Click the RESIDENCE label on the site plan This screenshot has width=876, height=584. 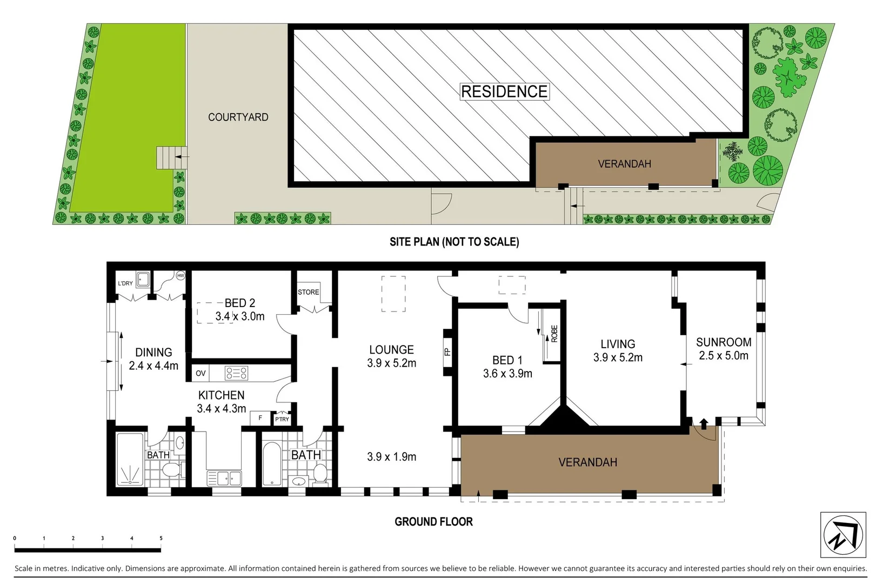tap(504, 91)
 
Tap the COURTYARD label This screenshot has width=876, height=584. tap(238, 117)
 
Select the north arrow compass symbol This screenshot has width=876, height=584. tap(842, 534)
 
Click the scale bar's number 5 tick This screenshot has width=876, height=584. tap(161, 539)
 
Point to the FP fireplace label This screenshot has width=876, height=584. tap(447, 351)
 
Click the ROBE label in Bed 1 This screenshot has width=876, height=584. tap(554, 334)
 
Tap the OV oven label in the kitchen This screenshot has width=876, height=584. tap(200, 373)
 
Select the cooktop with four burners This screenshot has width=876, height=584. tap(237, 373)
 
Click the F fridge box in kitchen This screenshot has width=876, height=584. tap(260, 418)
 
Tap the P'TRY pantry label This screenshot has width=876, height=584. tap(282, 419)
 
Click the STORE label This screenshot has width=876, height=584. tap(309, 292)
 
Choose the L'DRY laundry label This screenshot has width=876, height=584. tap(125, 283)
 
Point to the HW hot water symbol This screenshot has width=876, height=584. tap(180, 276)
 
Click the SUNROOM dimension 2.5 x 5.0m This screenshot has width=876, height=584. tap(724, 356)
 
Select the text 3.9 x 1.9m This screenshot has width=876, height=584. tap(391, 456)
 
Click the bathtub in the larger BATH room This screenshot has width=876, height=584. tap(271, 464)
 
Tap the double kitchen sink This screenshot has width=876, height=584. tap(224, 479)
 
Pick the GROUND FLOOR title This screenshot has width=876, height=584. tap(433, 522)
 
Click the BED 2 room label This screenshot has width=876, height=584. tap(239, 303)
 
